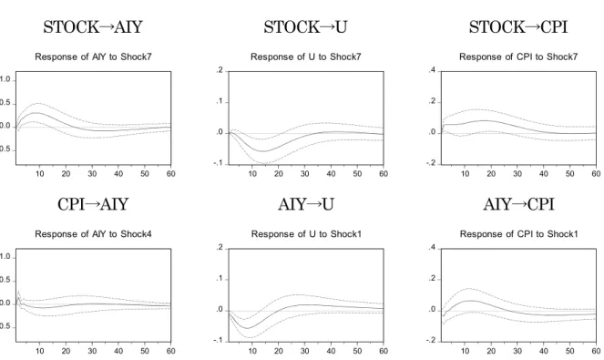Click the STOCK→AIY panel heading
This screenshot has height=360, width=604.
pos(93,27)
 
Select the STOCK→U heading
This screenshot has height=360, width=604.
pos(305,27)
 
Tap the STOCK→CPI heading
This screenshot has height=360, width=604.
pos(518,27)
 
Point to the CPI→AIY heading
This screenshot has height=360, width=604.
pos(93,204)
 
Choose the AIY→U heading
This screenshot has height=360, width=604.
pos(306,204)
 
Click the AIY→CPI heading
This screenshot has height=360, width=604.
pos(519,204)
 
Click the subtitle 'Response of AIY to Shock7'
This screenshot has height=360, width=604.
pos(93,57)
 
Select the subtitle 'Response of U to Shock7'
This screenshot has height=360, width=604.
pos(306,57)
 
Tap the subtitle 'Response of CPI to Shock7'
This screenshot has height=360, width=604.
pos(518,57)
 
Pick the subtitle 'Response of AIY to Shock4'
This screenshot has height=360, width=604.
pos(93,234)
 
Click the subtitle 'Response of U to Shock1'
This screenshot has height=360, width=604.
pos(306,234)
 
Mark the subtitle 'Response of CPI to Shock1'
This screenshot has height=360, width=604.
pos(519,234)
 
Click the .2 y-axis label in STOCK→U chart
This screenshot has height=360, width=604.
pos(220,70)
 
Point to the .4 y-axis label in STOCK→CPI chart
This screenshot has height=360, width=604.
pos(432,70)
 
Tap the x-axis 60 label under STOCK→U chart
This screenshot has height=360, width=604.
pos(384,174)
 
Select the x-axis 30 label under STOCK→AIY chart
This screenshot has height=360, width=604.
pos(92,174)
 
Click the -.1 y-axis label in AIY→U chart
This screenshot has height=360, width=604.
pos(219,340)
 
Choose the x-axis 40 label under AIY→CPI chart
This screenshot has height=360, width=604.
pos(544,351)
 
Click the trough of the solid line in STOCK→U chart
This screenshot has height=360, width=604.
pos(263,151)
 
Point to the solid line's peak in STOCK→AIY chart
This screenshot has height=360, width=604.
pos(35,112)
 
